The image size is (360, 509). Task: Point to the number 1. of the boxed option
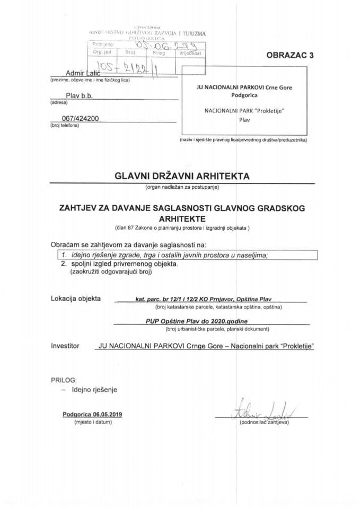63,254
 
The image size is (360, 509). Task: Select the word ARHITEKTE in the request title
180,217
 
